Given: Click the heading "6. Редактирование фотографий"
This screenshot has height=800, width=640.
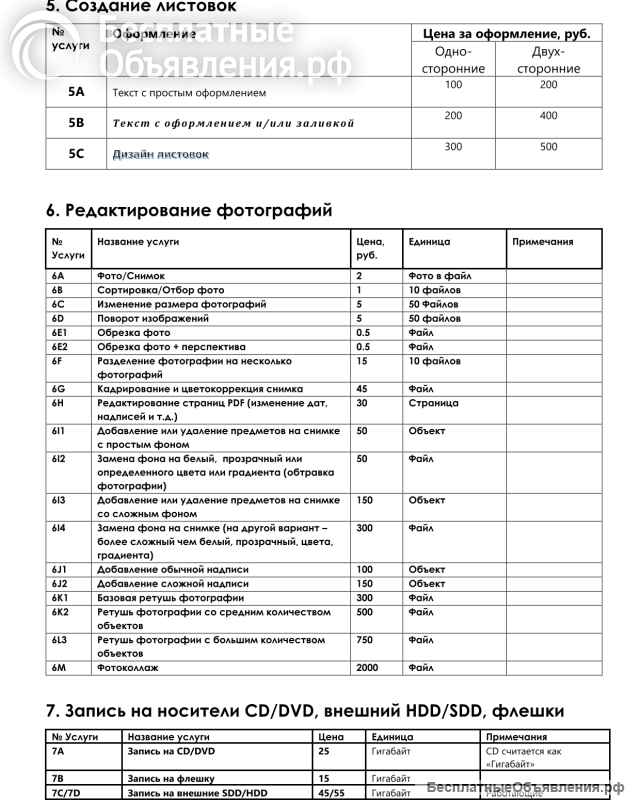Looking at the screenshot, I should click(189, 210).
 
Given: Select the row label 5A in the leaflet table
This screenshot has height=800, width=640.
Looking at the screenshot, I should click(76, 92).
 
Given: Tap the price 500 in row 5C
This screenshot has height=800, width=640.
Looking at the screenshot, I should click(548, 147).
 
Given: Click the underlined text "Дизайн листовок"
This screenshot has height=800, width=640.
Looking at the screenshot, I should click(160, 154).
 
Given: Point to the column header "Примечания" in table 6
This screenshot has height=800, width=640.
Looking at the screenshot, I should click(542, 241).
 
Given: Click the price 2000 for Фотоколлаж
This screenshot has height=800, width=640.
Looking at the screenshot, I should click(369, 666).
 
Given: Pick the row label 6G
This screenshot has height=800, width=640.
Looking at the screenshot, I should click(59, 388).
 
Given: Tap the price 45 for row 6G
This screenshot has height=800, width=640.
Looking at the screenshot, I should click(362, 388).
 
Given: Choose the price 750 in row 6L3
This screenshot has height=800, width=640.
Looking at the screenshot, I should click(365, 640).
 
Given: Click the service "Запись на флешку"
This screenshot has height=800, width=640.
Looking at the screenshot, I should click(170, 777).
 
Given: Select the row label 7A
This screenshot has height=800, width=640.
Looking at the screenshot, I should click(58, 749).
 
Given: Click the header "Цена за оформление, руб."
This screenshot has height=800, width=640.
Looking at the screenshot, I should click(507, 33).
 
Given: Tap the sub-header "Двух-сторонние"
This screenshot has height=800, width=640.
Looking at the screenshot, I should click(548, 60).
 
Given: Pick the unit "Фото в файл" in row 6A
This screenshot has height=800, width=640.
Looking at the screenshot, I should click(440, 275).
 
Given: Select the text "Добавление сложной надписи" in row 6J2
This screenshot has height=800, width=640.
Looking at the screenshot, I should click(173, 583).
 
